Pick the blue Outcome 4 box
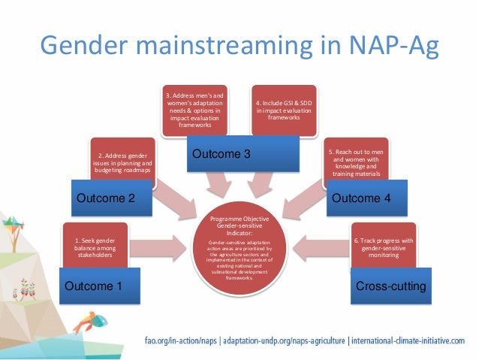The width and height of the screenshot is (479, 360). (360, 198)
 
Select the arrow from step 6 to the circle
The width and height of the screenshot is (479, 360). (319, 244)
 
